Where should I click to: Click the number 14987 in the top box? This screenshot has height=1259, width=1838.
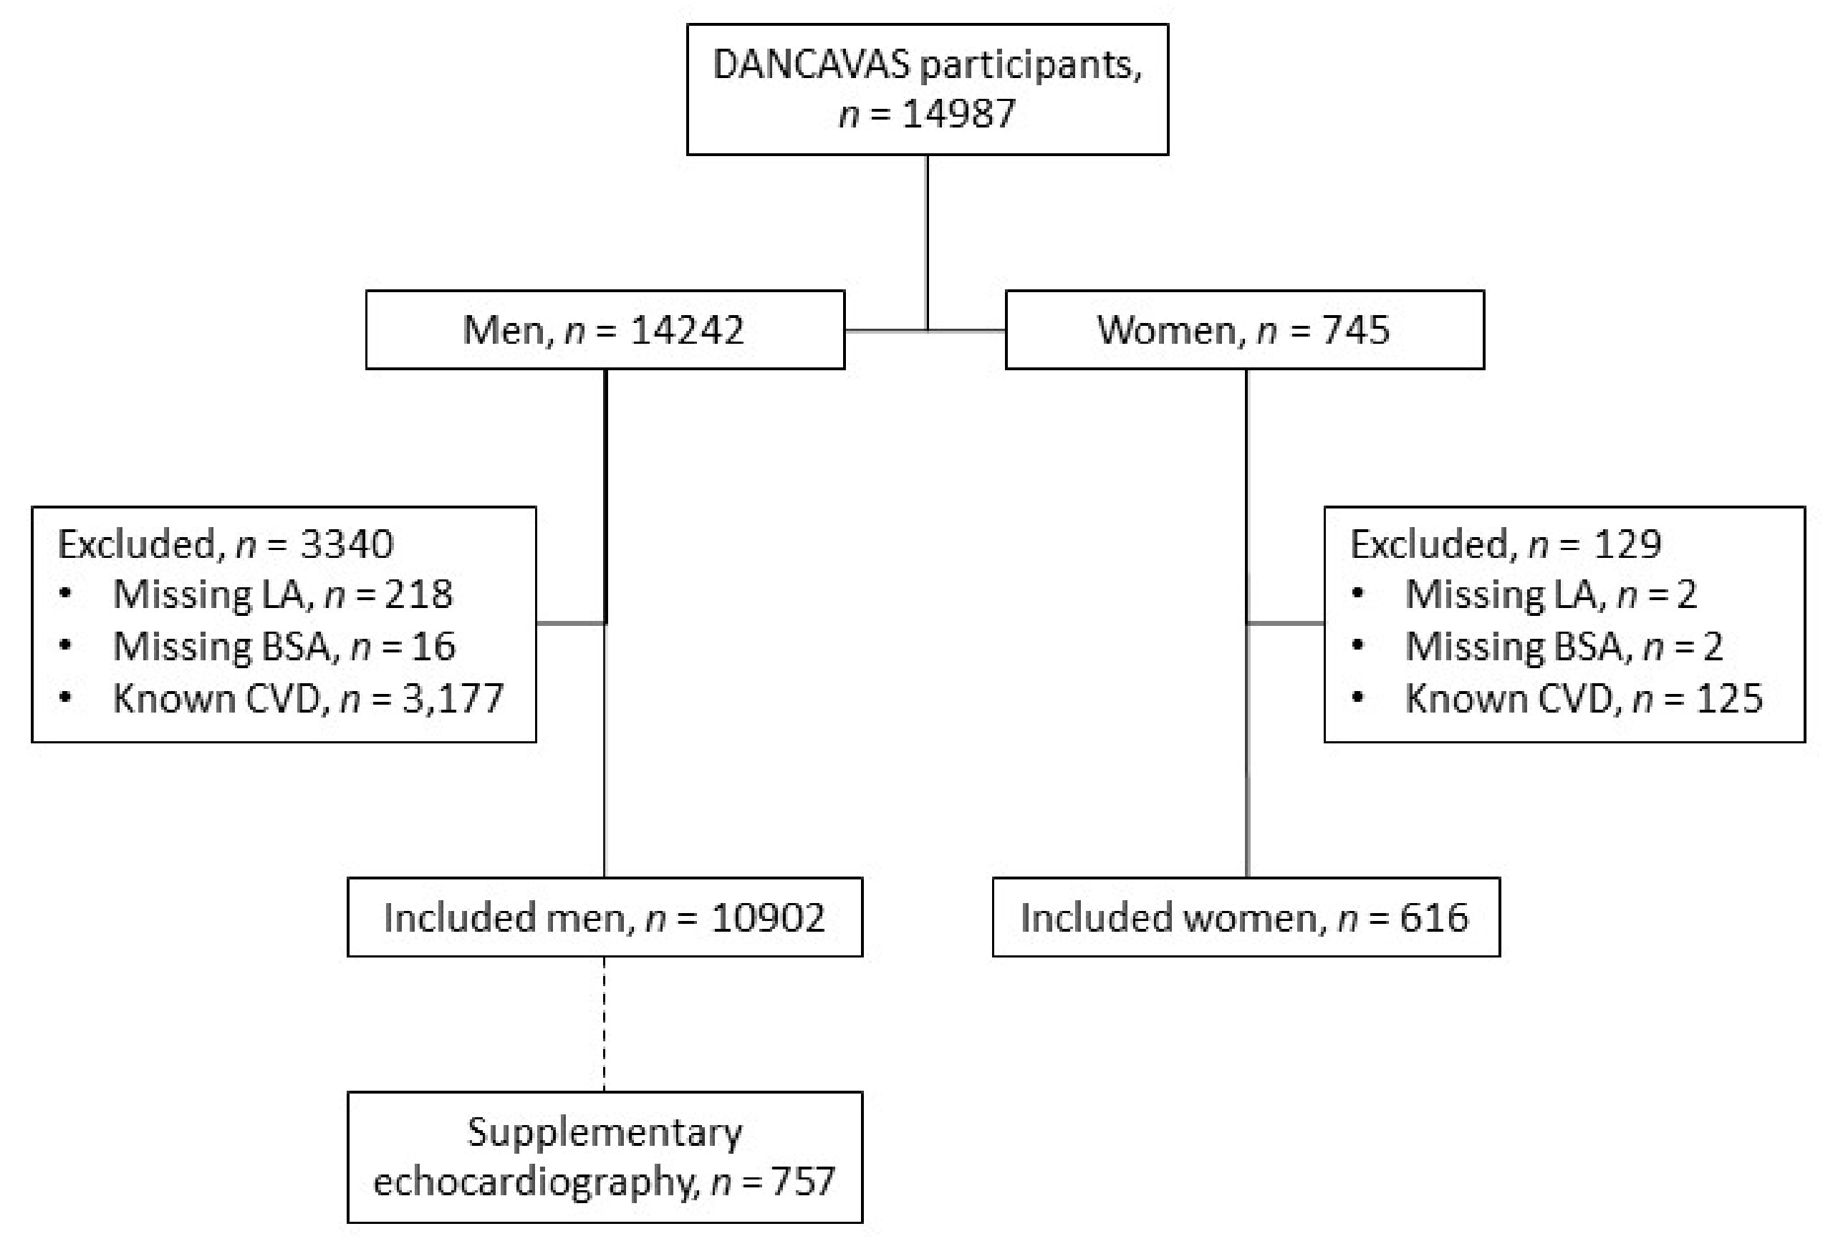tap(958, 115)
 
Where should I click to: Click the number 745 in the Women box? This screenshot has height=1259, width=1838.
tap(1355, 329)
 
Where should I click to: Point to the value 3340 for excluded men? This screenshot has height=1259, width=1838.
tap(347, 545)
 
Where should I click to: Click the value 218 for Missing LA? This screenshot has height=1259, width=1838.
tap(418, 594)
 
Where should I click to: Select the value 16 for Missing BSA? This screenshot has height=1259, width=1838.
tap(433, 647)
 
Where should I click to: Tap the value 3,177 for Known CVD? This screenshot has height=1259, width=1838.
tap(453, 699)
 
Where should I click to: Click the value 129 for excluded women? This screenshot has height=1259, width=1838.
tap(1627, 545)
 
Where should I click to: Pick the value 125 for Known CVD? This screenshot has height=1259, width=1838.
tap(1730, 699)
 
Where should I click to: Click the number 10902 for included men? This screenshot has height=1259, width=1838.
tap(767, 918)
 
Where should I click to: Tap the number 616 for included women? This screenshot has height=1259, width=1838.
tap(1434, 918)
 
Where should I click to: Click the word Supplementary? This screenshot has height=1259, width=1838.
tap(605, 1132)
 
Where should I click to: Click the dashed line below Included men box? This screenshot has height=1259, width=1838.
tap(605, 1024)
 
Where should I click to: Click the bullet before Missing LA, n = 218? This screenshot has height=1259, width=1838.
tap(66, 594)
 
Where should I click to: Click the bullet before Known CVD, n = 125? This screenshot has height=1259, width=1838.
tap(1358, 698)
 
